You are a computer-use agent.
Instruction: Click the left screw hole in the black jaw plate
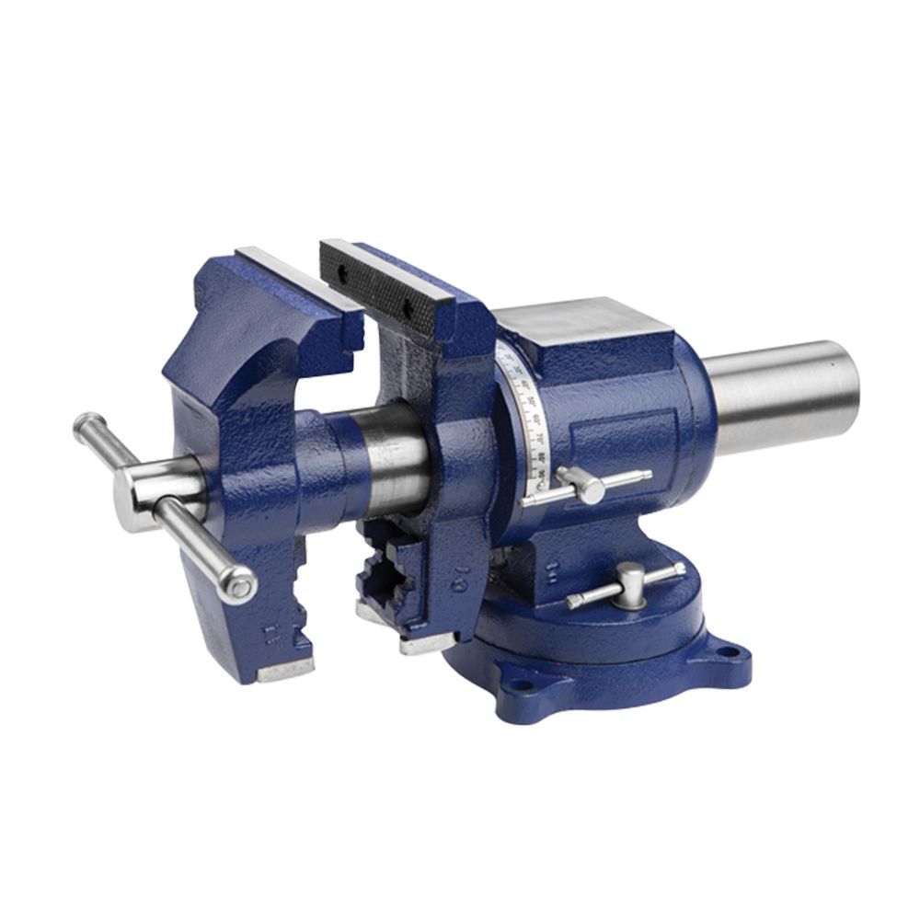[341, 271]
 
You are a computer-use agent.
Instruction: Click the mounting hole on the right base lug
[729, 652]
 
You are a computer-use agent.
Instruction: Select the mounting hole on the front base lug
[522, 684]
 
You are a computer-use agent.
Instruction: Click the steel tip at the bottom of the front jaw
[284, 671]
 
